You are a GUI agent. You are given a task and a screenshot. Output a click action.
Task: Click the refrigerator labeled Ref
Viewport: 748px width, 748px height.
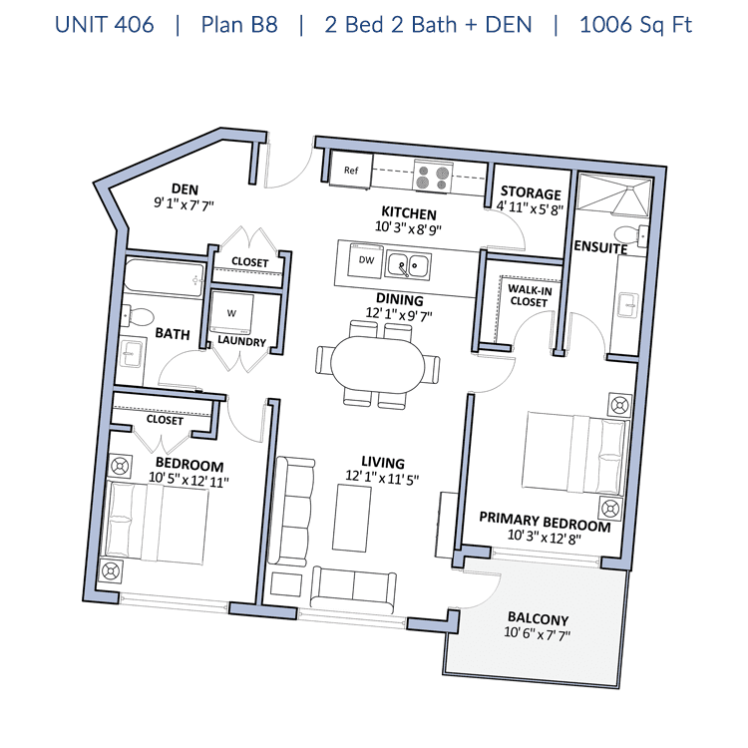click(351, 171)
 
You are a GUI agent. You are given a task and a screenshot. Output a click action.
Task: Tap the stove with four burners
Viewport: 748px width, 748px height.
click(433, 177)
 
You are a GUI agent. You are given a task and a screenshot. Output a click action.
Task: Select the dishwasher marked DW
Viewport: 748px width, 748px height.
click(366, 260)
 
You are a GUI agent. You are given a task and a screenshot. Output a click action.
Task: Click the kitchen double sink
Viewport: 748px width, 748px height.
click(408, 265)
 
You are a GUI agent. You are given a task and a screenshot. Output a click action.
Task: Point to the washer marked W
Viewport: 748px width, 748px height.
click(231, 313)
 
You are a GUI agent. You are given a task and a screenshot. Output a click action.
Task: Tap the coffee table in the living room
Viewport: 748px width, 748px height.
click(352, 518)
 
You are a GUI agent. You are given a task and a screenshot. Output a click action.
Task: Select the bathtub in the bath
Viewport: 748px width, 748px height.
click(165, 278)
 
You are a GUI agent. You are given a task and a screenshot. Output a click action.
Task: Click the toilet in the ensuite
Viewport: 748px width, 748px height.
click(631, 235)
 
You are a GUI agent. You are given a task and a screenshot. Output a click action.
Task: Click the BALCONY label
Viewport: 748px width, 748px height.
click(539, 618)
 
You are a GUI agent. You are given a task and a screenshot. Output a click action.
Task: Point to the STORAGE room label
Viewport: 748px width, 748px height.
click(531, 192)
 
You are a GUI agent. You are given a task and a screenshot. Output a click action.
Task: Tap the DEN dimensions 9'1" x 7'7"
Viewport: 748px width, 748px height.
click(184, 204)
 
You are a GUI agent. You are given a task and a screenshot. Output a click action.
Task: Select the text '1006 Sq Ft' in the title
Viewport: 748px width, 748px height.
click(635, 25)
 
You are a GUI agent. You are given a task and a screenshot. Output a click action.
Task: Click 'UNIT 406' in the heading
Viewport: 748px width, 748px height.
click(105, 25)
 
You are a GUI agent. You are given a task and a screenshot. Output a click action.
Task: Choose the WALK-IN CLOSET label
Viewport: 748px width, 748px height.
click(530, 296)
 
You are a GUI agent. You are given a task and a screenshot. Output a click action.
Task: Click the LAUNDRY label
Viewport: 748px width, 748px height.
click(241, 341)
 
